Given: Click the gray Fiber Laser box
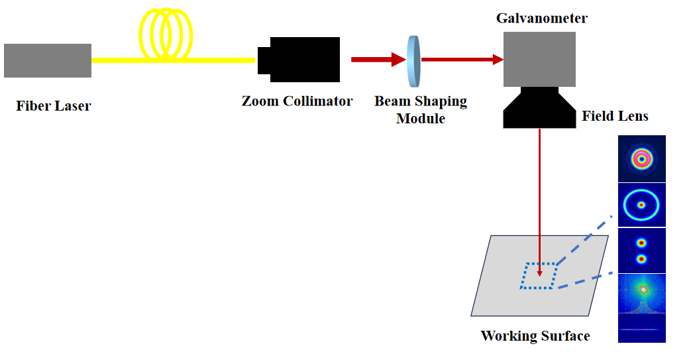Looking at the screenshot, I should point(48,60).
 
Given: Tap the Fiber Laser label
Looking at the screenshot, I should point(54,105).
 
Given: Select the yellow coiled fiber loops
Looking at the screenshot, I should point(166,37).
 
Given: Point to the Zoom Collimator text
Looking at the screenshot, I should point(297,101).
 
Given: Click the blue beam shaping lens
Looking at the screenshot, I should point(414,60).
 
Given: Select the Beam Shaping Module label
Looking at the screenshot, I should point(421,110).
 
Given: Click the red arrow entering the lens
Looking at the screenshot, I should point(378,60).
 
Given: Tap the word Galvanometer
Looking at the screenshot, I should point(541,18).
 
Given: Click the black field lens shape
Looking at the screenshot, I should point(539,108).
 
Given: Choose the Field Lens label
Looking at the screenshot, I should point(615,117).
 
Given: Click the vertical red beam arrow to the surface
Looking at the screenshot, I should point(541,199).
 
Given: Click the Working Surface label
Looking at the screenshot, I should point(535,335).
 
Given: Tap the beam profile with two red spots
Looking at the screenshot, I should point(641,251).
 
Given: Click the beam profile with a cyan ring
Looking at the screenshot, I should point(641,205).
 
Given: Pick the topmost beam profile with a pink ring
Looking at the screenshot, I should point(641,158).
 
